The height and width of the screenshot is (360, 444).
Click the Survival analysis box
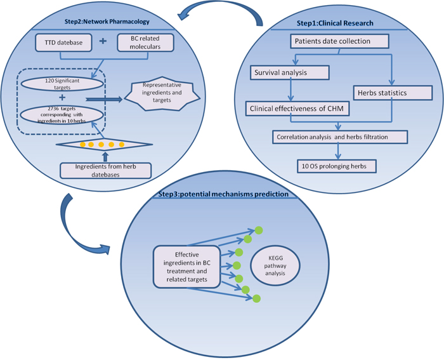pos(289,72)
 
